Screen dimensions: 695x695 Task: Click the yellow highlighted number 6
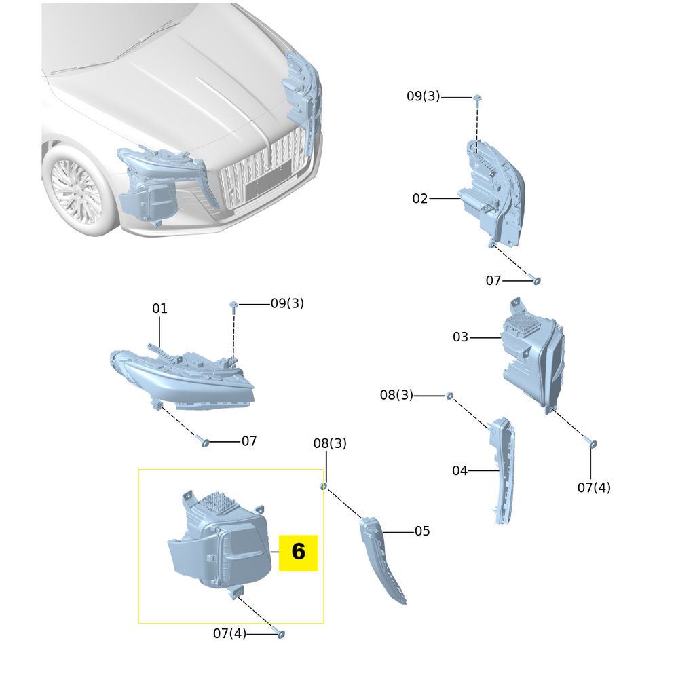(298, 552)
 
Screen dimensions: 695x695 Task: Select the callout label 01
(159, 309)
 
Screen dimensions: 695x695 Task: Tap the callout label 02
(420, 199)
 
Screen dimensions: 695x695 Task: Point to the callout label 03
(460, 337)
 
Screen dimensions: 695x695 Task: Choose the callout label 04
(459, 471)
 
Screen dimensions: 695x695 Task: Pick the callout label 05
(422, 531)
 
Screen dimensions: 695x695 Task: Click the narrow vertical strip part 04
(504, 468)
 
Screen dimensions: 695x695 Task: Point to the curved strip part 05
(382, 560)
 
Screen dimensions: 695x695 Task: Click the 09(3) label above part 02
(423, 96)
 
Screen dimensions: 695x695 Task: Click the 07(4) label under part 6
(229, 634)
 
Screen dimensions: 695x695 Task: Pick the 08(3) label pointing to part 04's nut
(396, 395)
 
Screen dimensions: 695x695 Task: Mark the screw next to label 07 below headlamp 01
(204, 442)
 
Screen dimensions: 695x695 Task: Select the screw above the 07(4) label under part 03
(593, 444)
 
